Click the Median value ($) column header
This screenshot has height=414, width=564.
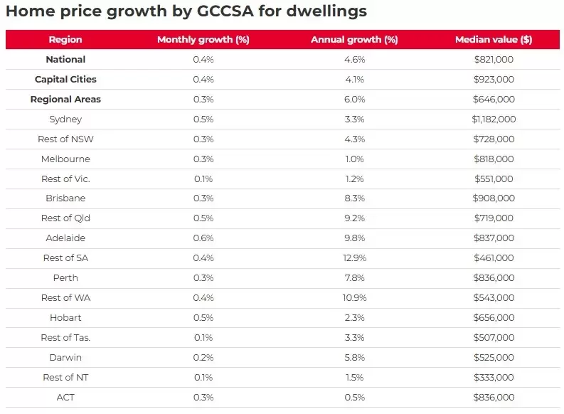493,40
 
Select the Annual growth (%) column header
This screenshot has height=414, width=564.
353,40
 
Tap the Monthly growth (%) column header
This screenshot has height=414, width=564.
203,40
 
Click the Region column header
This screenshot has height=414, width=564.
65,40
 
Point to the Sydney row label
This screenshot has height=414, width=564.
65,120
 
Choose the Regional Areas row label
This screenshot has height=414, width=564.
65,100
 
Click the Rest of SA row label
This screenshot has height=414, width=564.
65,258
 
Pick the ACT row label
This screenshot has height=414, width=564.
65,397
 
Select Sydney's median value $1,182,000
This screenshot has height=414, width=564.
493,120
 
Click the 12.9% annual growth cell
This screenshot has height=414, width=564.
353,258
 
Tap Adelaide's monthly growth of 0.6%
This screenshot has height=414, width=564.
203,238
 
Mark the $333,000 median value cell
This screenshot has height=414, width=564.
493,377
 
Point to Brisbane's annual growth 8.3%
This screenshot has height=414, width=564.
353,198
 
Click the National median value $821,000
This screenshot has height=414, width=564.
493,60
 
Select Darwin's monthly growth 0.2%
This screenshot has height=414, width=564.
203,357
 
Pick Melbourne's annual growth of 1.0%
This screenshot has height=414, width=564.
353,159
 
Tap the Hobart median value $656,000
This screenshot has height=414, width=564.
493,317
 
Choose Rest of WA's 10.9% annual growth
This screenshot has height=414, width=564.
353,297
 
